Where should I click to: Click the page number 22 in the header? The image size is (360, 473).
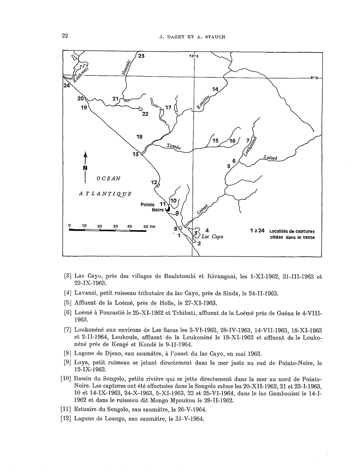(65, 36)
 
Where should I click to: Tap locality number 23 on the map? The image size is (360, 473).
(141, 56)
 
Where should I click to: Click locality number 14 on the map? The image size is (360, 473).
(215, 90)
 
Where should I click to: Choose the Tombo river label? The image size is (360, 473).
(174, 146)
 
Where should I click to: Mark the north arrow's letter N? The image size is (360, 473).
(85, 168)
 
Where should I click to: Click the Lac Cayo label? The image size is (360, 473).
(212, 236)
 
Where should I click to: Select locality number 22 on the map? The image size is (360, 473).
(145, 114)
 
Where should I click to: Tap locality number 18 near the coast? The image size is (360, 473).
(139, 137)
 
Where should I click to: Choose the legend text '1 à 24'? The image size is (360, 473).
(257, 231)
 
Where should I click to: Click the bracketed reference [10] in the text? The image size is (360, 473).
(66, 378)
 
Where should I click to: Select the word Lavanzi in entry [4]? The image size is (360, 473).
(86, 293)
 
